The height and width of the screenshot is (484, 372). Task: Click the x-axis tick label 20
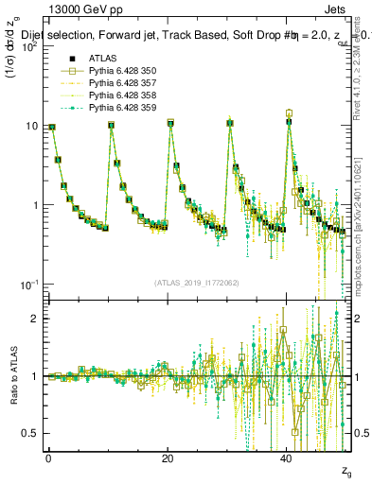coord(168,458)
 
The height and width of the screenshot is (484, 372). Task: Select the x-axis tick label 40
coord(287,458)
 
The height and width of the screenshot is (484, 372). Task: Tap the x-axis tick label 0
coord(48,458)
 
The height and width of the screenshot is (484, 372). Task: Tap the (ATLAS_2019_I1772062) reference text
coord(196,282)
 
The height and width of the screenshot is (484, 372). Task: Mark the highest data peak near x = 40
coord(289,112)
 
